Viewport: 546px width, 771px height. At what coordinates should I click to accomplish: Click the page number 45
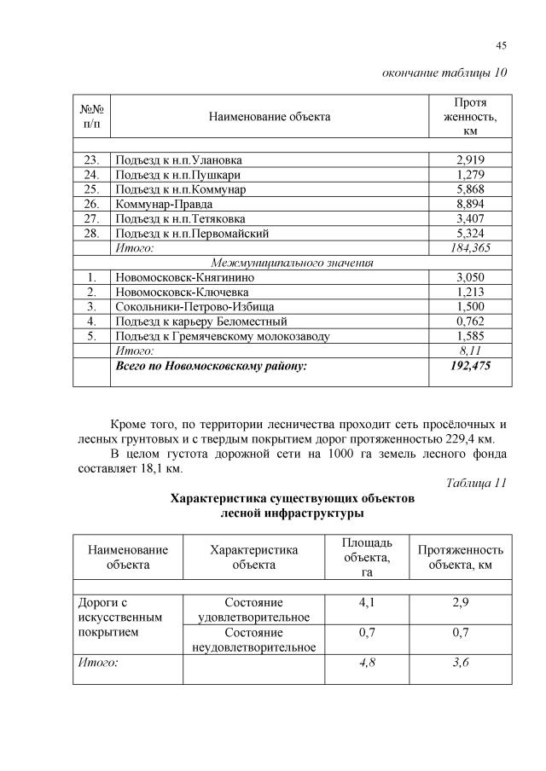(501, 46)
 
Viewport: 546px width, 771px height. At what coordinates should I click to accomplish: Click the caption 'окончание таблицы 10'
(444, 72)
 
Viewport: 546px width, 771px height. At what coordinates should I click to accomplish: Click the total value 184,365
(470, 248)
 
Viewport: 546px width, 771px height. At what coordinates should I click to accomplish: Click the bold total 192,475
(470, 366)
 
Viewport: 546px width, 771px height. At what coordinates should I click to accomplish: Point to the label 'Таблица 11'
(476, 483)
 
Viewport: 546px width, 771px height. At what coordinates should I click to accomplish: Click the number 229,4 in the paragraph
(463, 438)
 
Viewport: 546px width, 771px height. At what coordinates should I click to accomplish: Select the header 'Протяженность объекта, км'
(460, 557)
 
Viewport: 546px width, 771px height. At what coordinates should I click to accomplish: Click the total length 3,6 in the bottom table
(460, 661)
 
